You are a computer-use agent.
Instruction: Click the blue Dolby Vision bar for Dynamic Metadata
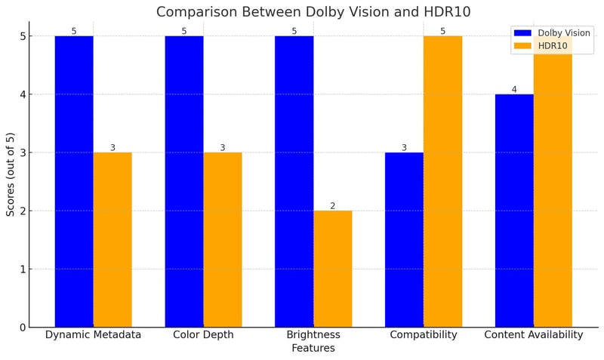click(74, 181)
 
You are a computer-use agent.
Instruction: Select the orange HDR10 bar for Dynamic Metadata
click(112, 239)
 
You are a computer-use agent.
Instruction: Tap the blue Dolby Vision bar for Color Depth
click(184, 181)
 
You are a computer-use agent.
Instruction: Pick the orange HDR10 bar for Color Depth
click(223, 239)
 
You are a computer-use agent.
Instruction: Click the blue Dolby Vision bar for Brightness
click(294, 181)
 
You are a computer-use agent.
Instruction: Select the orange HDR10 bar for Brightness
click(333, 269)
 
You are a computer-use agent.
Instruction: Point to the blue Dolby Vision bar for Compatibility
click(404, 239)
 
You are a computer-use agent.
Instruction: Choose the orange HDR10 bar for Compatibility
click(442, 181)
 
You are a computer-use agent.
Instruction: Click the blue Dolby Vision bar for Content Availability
click(514, 211)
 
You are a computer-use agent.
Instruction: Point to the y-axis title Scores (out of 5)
click(11, 174)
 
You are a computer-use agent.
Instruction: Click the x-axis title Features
click(313, 349)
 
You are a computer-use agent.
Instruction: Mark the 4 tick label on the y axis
click(23, 94)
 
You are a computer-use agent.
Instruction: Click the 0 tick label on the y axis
click(23, 328)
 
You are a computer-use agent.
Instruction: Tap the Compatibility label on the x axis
click(424, 335)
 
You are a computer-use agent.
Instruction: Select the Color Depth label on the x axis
click(203, 335)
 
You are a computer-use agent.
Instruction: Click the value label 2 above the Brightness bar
click(333, 206)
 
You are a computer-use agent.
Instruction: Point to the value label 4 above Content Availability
click(514, 90)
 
